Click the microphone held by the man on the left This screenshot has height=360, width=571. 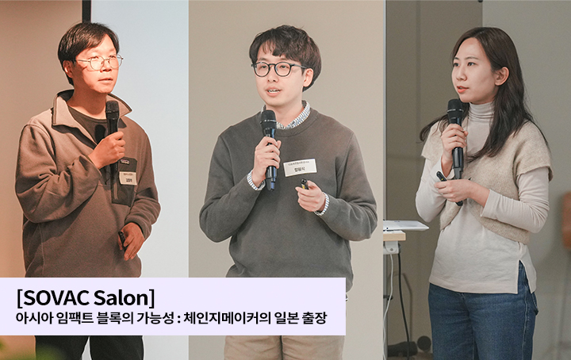(x=112, y=119)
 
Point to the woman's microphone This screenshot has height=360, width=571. (x=455, y=115)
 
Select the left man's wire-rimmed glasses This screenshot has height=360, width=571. (x=99, y=63)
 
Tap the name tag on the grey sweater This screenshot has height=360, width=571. (x=300, y=167)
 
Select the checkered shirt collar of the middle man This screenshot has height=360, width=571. (x=295, y=119)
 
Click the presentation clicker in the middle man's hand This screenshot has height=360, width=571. (x=304, y=184)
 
